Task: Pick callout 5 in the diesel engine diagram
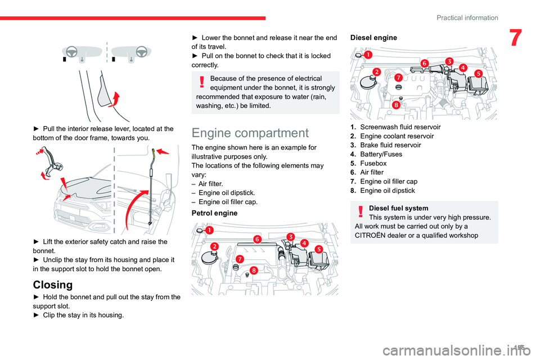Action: (x=478, y=74)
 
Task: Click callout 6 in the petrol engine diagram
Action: (x=257, y=238)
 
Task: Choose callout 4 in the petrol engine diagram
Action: (x=304, y=242)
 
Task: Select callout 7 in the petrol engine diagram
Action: (x=240, y=258)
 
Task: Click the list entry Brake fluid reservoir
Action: (x=390, y=145)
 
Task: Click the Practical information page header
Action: (x=466, y=17)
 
